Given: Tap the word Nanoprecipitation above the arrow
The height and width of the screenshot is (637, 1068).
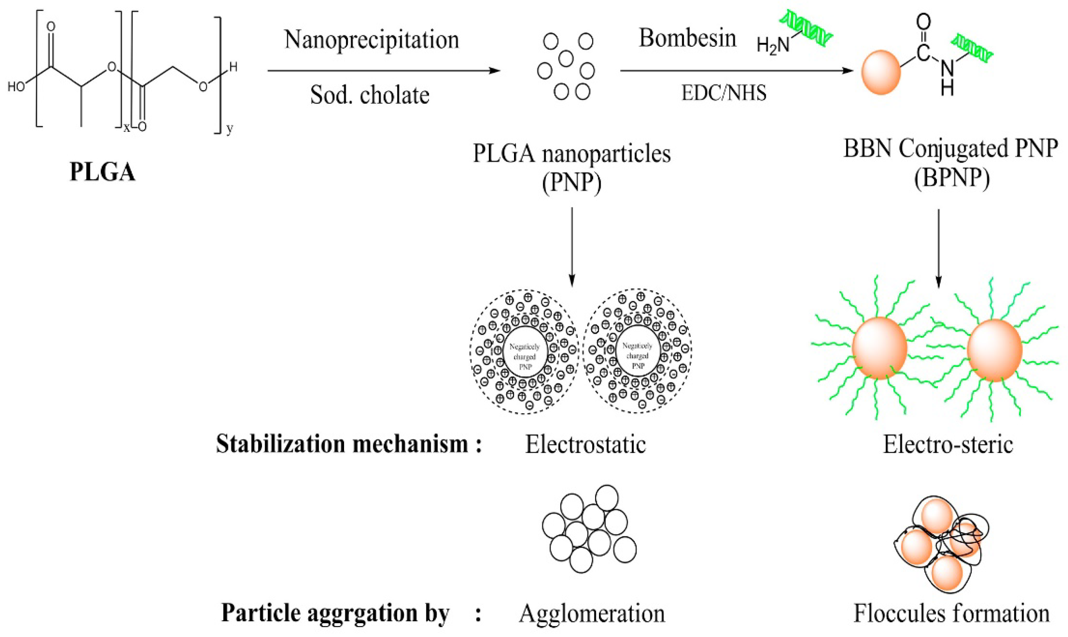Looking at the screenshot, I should pyautogui.click(x=372, y=40).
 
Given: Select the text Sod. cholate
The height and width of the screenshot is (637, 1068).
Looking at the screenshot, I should pyautogui.click(x=370, y=95).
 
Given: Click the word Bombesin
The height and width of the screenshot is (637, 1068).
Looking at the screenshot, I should pyautogui.click(x=687, y=38).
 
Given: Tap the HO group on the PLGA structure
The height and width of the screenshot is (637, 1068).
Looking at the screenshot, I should pyautogui.click(x=16, y=87).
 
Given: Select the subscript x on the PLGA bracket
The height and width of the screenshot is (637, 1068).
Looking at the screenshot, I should pyautogui.click(x=127, y=127).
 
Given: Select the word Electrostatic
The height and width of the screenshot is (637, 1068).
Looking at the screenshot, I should pyautogui.click(x=585, y=445).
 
